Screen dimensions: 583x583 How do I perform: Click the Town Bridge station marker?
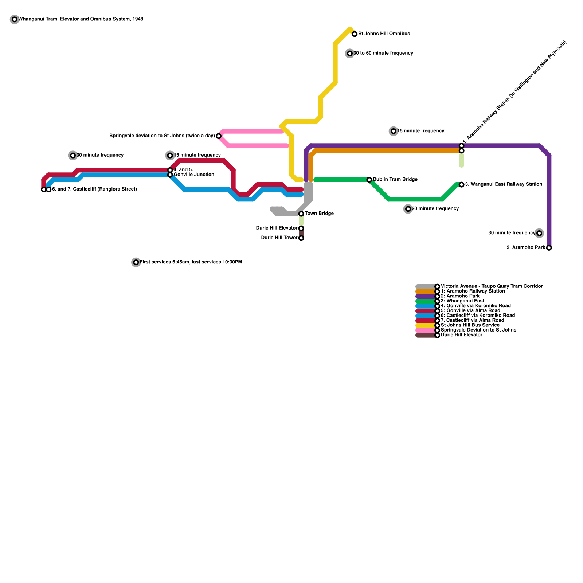(301, 214)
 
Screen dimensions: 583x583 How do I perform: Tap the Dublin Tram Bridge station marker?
(369, 180)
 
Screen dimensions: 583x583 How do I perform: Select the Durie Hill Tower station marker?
(301, 238)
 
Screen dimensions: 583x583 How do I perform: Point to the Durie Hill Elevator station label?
(277, 228)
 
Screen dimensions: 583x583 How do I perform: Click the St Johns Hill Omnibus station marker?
(355, 34)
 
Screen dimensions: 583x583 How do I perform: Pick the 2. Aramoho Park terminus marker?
(549, 248)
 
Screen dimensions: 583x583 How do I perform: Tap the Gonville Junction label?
(194, 175)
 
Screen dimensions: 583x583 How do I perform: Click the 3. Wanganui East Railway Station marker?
(461, 185)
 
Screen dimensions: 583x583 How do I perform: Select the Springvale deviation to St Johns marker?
(219, 136)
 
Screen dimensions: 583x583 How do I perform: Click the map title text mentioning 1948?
(81, 19)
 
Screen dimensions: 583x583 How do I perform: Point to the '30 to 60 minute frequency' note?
(383, 53)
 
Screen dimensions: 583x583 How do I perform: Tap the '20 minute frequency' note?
(435, 209)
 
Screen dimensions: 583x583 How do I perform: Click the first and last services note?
(191, 262)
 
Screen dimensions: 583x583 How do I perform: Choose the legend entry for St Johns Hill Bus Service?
(470, 325)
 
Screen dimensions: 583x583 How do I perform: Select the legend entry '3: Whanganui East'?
(462, 301)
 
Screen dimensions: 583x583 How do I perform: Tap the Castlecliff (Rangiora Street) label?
(94, 189)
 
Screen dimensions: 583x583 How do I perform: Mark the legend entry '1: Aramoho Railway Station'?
(473, 291)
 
